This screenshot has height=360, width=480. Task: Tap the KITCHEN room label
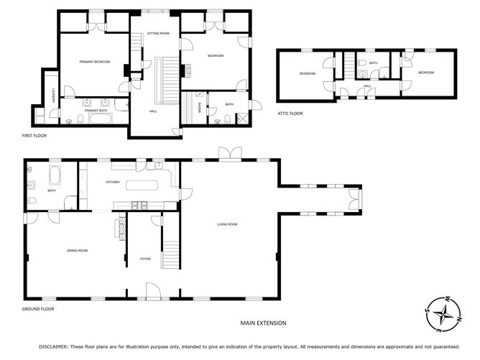pos(113,183)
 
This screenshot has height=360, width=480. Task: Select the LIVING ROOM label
pos(228,225)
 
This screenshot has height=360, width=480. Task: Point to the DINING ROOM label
pos(77,250)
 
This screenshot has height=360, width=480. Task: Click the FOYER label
pos(145,259)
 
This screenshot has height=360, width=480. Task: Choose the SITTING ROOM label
pos(158,34)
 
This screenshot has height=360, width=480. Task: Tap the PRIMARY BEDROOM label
pos(95,62)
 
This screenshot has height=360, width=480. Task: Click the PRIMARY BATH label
pos(96,111)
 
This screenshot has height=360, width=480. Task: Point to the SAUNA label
pos(199,109)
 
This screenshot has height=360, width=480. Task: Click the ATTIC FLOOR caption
pos(290,114)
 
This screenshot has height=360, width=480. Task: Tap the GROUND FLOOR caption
pos(38,309)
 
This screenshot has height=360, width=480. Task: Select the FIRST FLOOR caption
pos(36,135)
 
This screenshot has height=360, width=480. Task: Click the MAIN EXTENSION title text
pos(263,323)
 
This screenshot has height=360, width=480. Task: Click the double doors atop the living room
pos(230,154)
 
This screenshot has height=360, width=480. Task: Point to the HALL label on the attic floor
pos(367,86)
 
